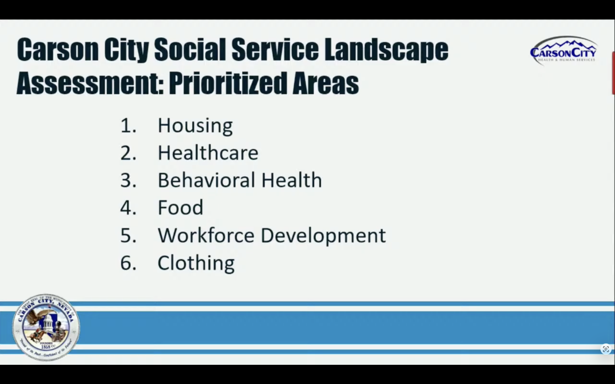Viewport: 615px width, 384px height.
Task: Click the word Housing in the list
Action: (x=195, y=126)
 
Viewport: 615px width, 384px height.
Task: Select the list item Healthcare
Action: (x=208, y=153)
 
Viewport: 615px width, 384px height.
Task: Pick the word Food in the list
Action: (x=180, y=208)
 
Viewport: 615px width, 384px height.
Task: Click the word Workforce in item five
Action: (x=206, y=235)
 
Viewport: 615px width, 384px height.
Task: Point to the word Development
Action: (x=323, y=236)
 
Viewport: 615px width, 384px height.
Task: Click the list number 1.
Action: (x=128, y=126)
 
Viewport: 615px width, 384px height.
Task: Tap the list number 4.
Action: (x=128, y=208)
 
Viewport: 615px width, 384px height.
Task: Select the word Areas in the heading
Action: (x=326, y=83)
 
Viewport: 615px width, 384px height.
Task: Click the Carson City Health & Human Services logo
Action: (x=563, y=51)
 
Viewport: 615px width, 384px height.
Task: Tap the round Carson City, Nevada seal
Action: (x=46, y=327)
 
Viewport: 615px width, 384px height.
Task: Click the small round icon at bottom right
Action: (x=606, y=349)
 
